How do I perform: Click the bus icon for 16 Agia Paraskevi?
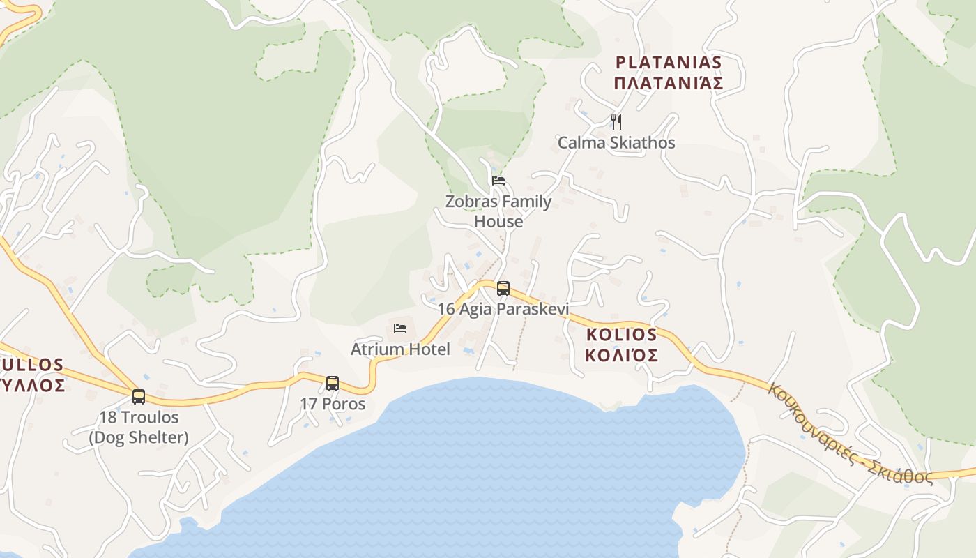503,288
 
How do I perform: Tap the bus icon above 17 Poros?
333,383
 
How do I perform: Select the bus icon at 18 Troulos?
139,397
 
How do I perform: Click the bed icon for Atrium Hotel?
400,328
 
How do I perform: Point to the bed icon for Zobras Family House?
498,180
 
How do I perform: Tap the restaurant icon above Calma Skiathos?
616,122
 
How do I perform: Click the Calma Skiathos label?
616,143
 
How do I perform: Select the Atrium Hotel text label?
400,349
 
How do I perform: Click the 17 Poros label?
333,404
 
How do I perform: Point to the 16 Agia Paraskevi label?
503,309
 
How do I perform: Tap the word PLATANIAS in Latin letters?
669,63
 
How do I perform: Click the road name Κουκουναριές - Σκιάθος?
850,433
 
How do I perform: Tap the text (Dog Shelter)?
139,438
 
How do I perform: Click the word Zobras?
471,202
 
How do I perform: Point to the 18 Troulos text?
139,418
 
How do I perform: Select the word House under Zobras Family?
498,222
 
